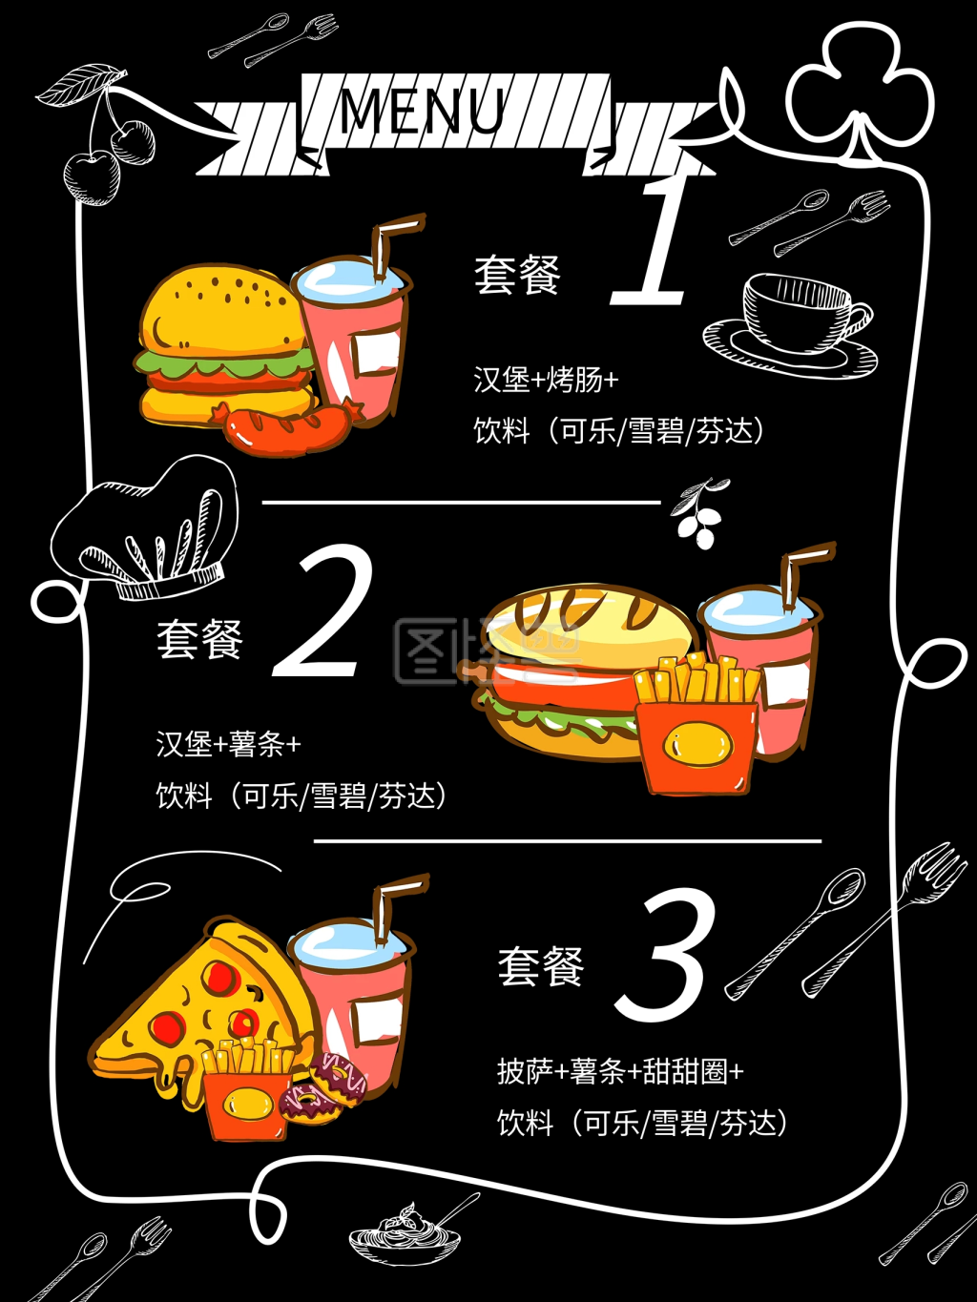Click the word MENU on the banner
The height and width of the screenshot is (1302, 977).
click(x=422, y=110)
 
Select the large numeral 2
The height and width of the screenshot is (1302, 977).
click(x=324, y=612)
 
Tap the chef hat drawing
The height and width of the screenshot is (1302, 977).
click(x=148, y=529)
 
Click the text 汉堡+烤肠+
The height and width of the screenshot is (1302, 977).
click(x=546, y=380)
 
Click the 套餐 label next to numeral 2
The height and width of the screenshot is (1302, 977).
click(x=200, y=639)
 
